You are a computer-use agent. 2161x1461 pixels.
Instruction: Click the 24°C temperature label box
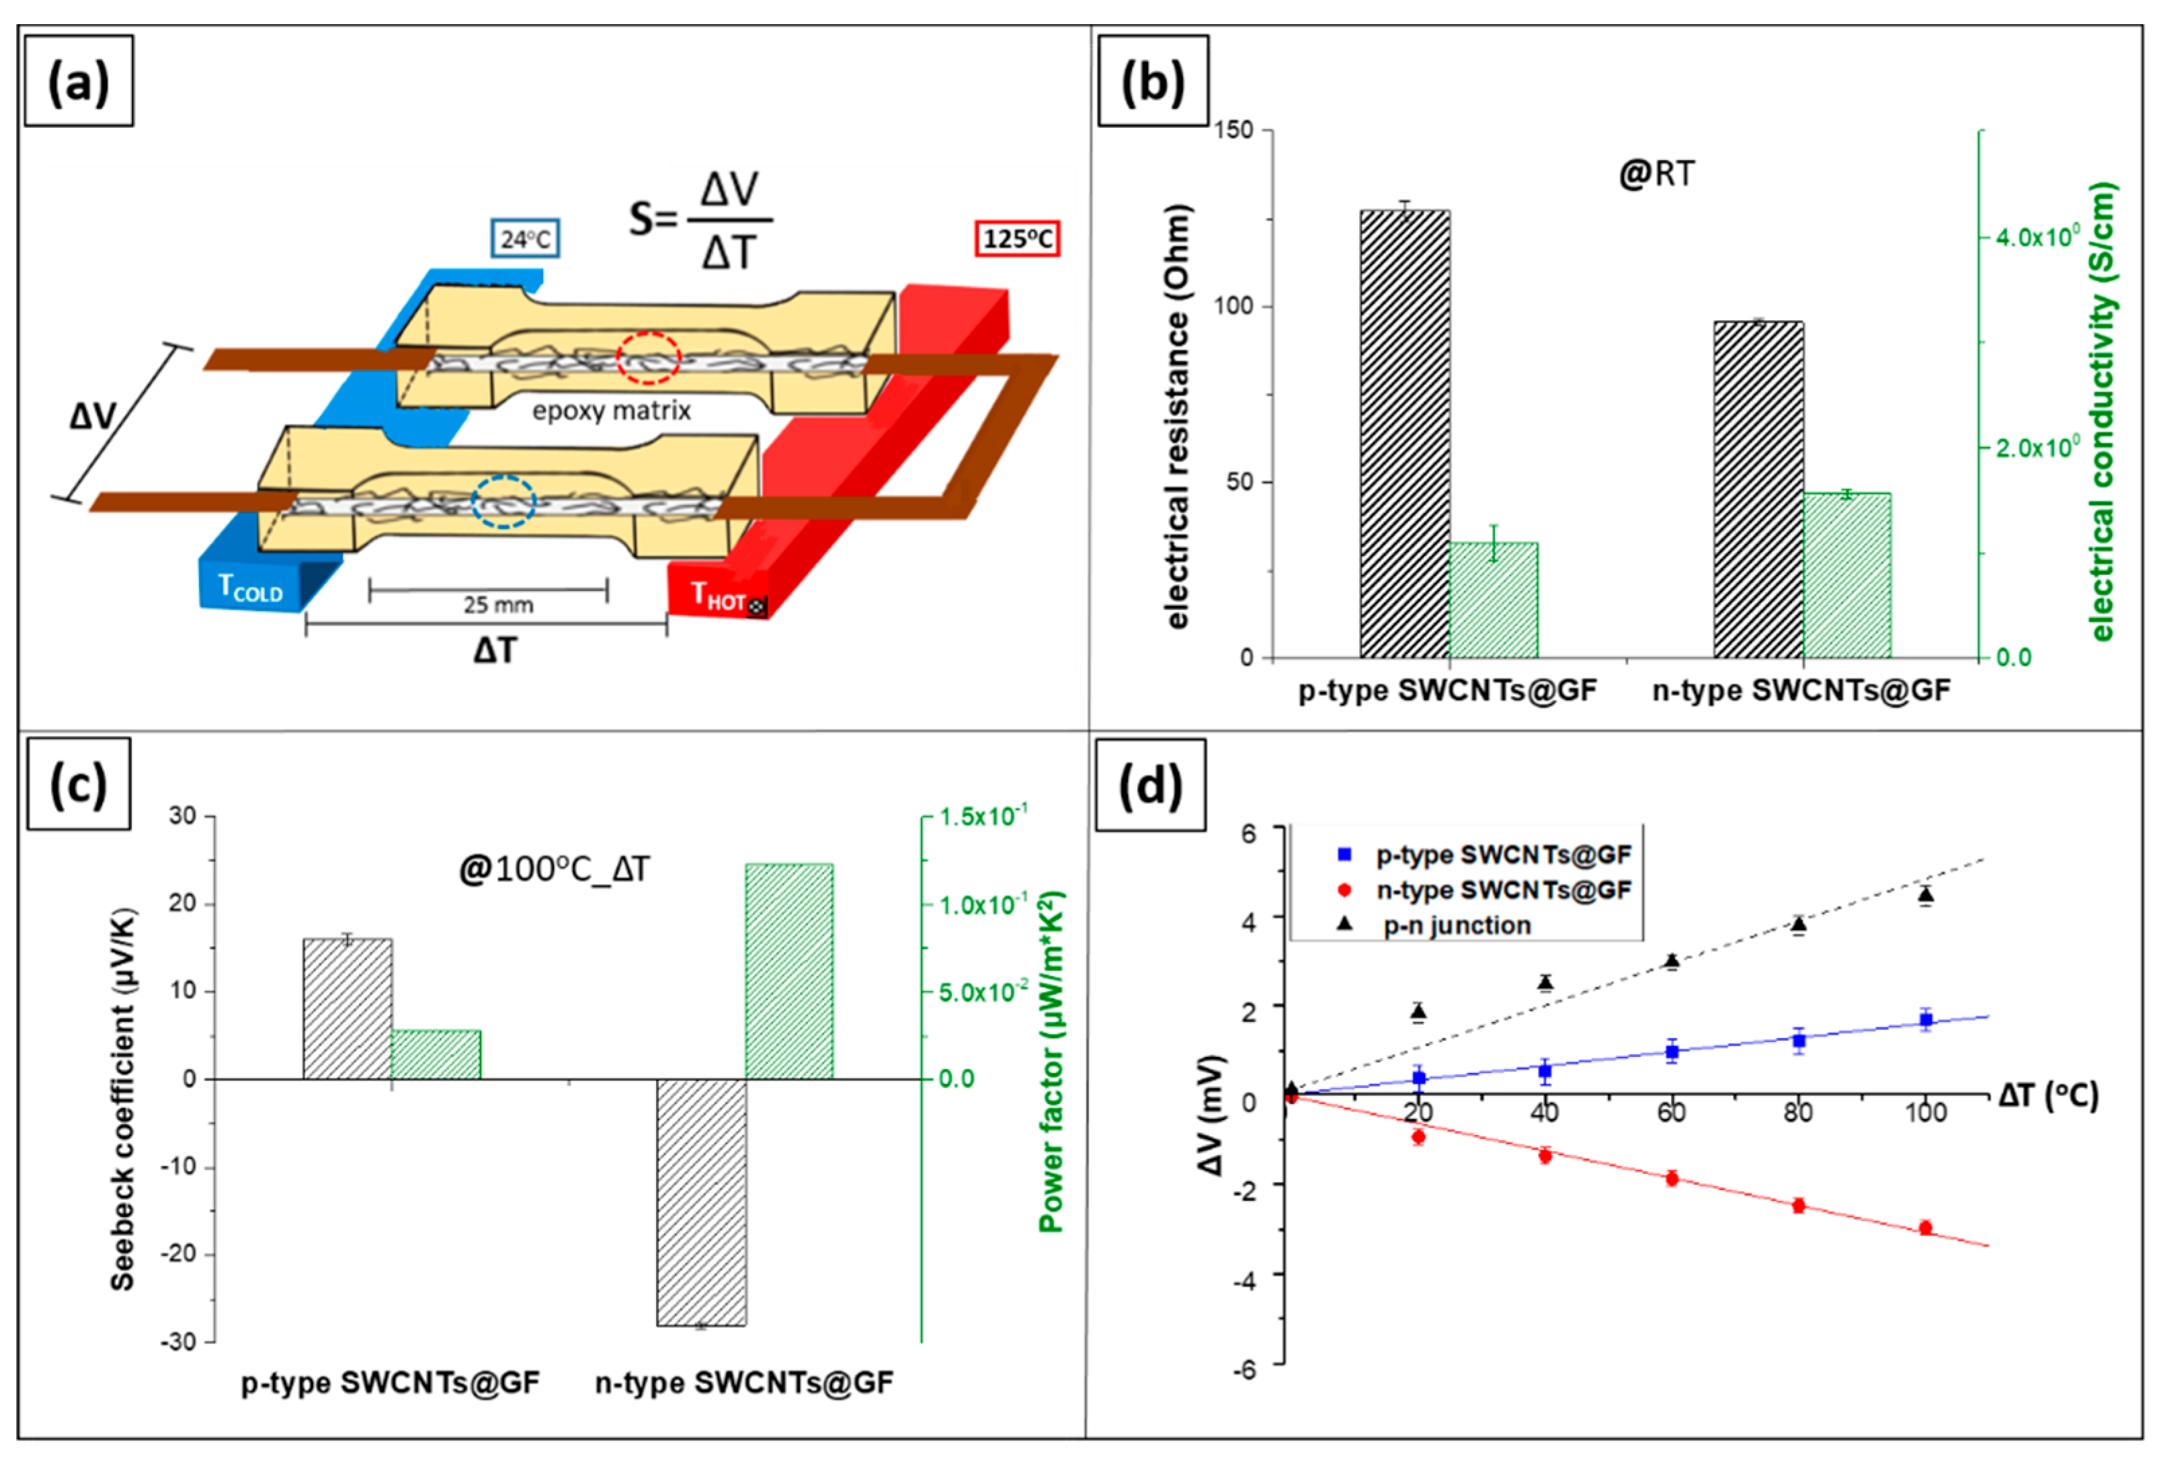(x=526, y=239)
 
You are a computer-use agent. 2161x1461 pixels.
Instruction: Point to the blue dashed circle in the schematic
(x=503, y=502)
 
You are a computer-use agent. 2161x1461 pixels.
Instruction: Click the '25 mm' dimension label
(x=498, y=605)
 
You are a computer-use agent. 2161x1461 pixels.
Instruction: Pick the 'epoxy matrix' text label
(x=611, y=411)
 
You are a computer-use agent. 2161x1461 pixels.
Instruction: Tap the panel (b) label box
(x=1153, y=82)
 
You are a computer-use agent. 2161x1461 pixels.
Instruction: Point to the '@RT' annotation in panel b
(x=1656, y=175)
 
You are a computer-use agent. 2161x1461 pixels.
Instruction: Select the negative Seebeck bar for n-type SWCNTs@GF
(x=701, y=1201)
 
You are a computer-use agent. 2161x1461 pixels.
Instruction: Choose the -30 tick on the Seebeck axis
(x=181, y=1342)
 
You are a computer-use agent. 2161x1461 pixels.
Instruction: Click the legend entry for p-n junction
(x=1456, y=925)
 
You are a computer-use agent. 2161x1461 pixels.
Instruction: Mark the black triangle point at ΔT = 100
(x=1926, y=895)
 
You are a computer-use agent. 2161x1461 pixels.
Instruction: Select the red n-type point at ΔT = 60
(x=1672, y=1179)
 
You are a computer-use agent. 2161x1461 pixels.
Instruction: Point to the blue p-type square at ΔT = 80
(x=1798, y=1039)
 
